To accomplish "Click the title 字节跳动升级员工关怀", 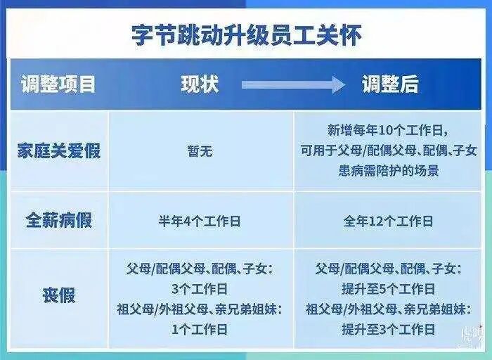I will click(247, 35).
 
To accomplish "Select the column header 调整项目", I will click(58, 85).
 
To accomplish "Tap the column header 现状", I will click(200, 85).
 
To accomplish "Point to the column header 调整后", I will click(390, 85).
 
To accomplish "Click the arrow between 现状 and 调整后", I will click(293, 85).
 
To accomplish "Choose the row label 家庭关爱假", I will click(59, 150).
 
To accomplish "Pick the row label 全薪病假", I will click(59, 220).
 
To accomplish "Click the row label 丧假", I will click(59, 295).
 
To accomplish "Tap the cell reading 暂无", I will click(200, 150).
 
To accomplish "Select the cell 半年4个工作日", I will click(200, 221).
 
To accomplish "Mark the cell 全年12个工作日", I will click(388, 221).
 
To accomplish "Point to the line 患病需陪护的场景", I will click(387, 171).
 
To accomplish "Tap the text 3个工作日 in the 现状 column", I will click(200, 288).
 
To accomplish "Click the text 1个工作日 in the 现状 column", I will click(200, 328).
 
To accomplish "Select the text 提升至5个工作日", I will click(388, 288).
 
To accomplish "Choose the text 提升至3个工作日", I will click(388, 328).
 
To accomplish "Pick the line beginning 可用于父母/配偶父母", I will click(388, 150).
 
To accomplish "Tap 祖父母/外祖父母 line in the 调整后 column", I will click(388, 309).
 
